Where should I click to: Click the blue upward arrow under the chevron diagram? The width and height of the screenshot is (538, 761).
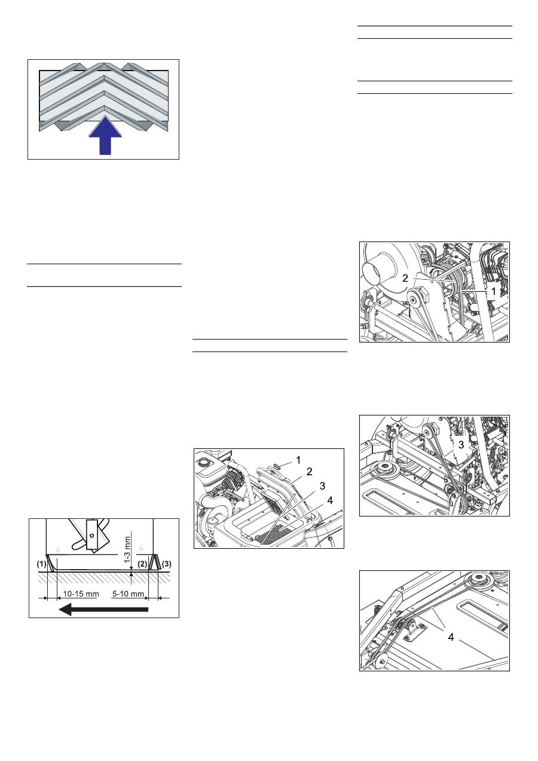pyautogui.click(x=105, y=135)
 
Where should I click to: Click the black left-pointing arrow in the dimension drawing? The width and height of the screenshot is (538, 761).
pyautogui.click(x=103, y=609)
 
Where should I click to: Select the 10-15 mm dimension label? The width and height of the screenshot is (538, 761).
pyautogui.click(x=81, y=594)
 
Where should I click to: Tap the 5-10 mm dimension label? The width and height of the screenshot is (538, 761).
pyautogui.click(x=128, y=594)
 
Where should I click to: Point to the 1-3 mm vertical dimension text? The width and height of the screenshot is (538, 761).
pyautogui.click(x=127, y=549)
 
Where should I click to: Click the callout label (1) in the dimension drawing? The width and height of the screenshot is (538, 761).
pyautogui.click(x=41, y=564)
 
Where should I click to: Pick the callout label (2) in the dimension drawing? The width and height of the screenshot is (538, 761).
pyautogui.click(x=142, y=564)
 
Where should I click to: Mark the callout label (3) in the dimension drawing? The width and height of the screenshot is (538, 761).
pyautogui.click(x=166, y=564)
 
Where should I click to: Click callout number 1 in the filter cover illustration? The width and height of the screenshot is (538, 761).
pyautogui.click(x=298, y=460)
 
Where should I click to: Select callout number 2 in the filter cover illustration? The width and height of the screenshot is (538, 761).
pyautogui.click(x=310, y=472)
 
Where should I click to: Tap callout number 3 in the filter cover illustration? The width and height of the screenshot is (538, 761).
pyautogui.click(x=322, y=486)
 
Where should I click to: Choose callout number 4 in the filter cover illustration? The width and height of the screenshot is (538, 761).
pyautogui.click(x=329, y=500)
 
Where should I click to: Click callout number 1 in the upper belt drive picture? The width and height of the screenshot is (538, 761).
pyautogui.click(x=494, y=291)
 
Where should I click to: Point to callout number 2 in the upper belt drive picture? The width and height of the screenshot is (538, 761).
pyautogui.click(x=405, y=278)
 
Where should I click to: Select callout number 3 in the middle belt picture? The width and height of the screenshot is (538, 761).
pyautogui.click(x=461, y=445)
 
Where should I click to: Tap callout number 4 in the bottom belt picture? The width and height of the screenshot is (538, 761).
pyautogui.click(x=451, y=637)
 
